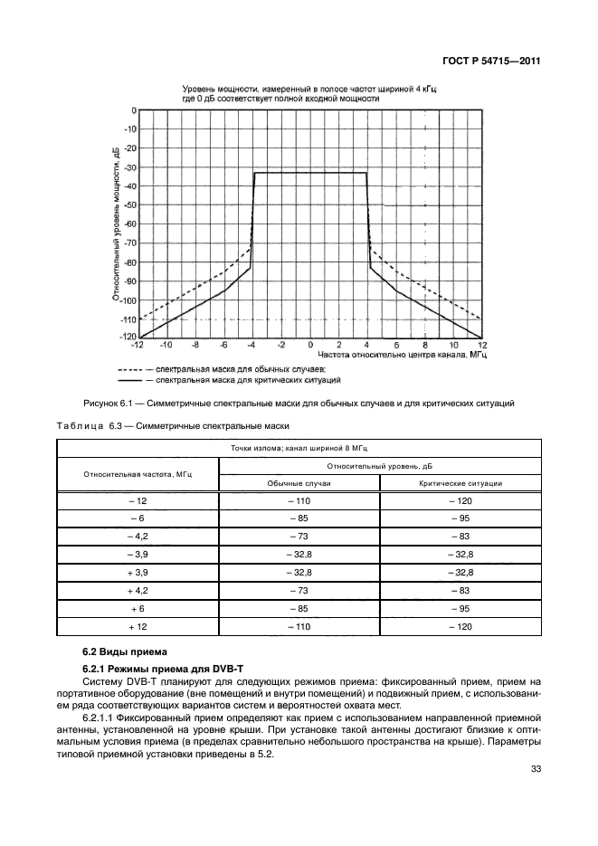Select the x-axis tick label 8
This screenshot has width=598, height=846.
(423, 345)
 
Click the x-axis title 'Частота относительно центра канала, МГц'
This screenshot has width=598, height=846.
(392, 356)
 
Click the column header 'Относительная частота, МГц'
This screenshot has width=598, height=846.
(138, 473)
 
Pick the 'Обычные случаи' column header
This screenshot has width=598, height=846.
(299, 483)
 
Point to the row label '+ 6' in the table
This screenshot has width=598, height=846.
(138, 609)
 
